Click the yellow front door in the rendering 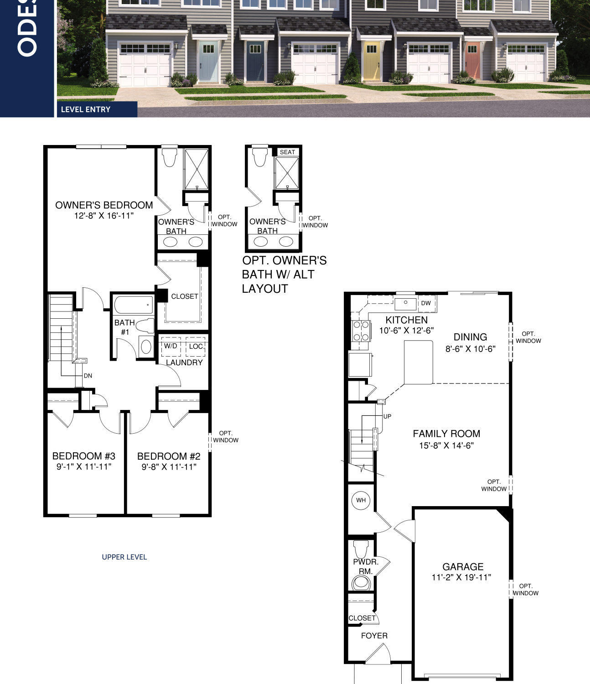click(372, 62)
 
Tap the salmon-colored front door click(472, 61)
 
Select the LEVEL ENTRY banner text click(86, 109)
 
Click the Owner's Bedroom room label click(104, 205)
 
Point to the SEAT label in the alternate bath click(287, 152)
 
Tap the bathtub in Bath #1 click(134, 305)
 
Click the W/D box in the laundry click(171, 347)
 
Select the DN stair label click(88, 376)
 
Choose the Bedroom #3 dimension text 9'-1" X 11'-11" click(84, 466)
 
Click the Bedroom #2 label click(169, 456)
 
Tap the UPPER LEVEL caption click(124, 557)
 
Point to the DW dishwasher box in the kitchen click(426, 303)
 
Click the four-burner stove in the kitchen click(361, 331)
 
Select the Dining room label click(470, 337)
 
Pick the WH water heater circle click(361, 500)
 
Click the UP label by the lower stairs click(387, 416)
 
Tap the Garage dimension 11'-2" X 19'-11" click(461, 577)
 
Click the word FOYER click(374, 636)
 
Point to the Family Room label click(446, 434)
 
